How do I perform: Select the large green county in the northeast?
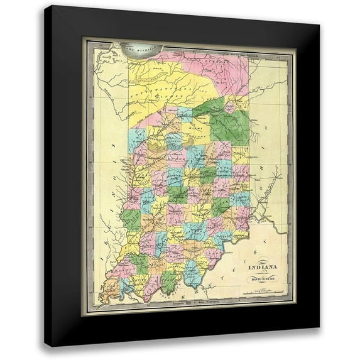point(229,126)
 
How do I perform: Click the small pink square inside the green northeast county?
point(230,108)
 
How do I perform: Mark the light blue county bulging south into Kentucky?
point(193,273)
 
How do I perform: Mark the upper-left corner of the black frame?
point(46,8)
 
